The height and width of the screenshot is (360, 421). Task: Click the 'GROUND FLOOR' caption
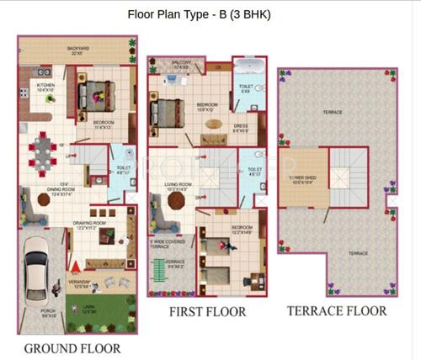72,347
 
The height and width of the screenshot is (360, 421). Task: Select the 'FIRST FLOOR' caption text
207,312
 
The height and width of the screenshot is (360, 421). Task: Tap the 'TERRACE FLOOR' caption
337,310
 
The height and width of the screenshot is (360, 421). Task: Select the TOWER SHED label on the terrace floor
303,179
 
